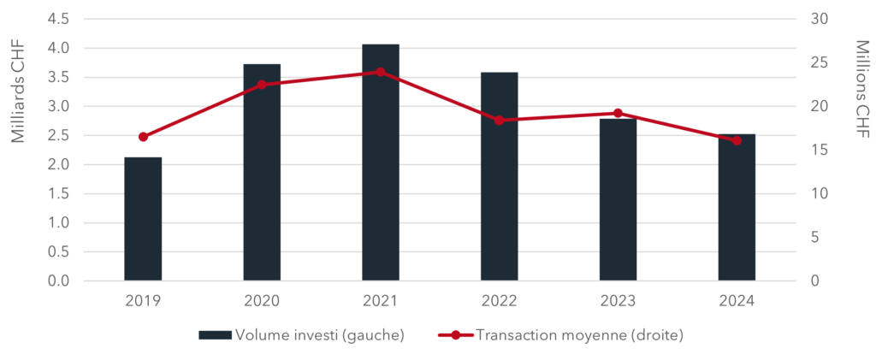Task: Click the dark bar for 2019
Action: pyautogui.click(x=143, y=218)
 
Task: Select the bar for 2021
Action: pyautogui.click(x=381, y=162)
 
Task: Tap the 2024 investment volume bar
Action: pyautogui.click(x=737, y=207)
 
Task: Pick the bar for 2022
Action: pyautogui.click(x=499, y=176)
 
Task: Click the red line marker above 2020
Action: pyautogui.click(x=262, y=85)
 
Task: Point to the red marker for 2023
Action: pyautogui.click(x=618, y=113)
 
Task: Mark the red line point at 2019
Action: pyautogui.click(x=143, y=137)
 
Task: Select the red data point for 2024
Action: pyautogui.click(x=737, y=140)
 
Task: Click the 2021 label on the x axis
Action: pyautogui.click(x=381, y=302)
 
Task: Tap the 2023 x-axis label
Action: pyautogui.click(x=618, y=302)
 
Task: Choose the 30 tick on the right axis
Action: pyautogui.click(x=819, y=19)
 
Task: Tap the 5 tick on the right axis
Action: pyautogui.click(x=815, y=238)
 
